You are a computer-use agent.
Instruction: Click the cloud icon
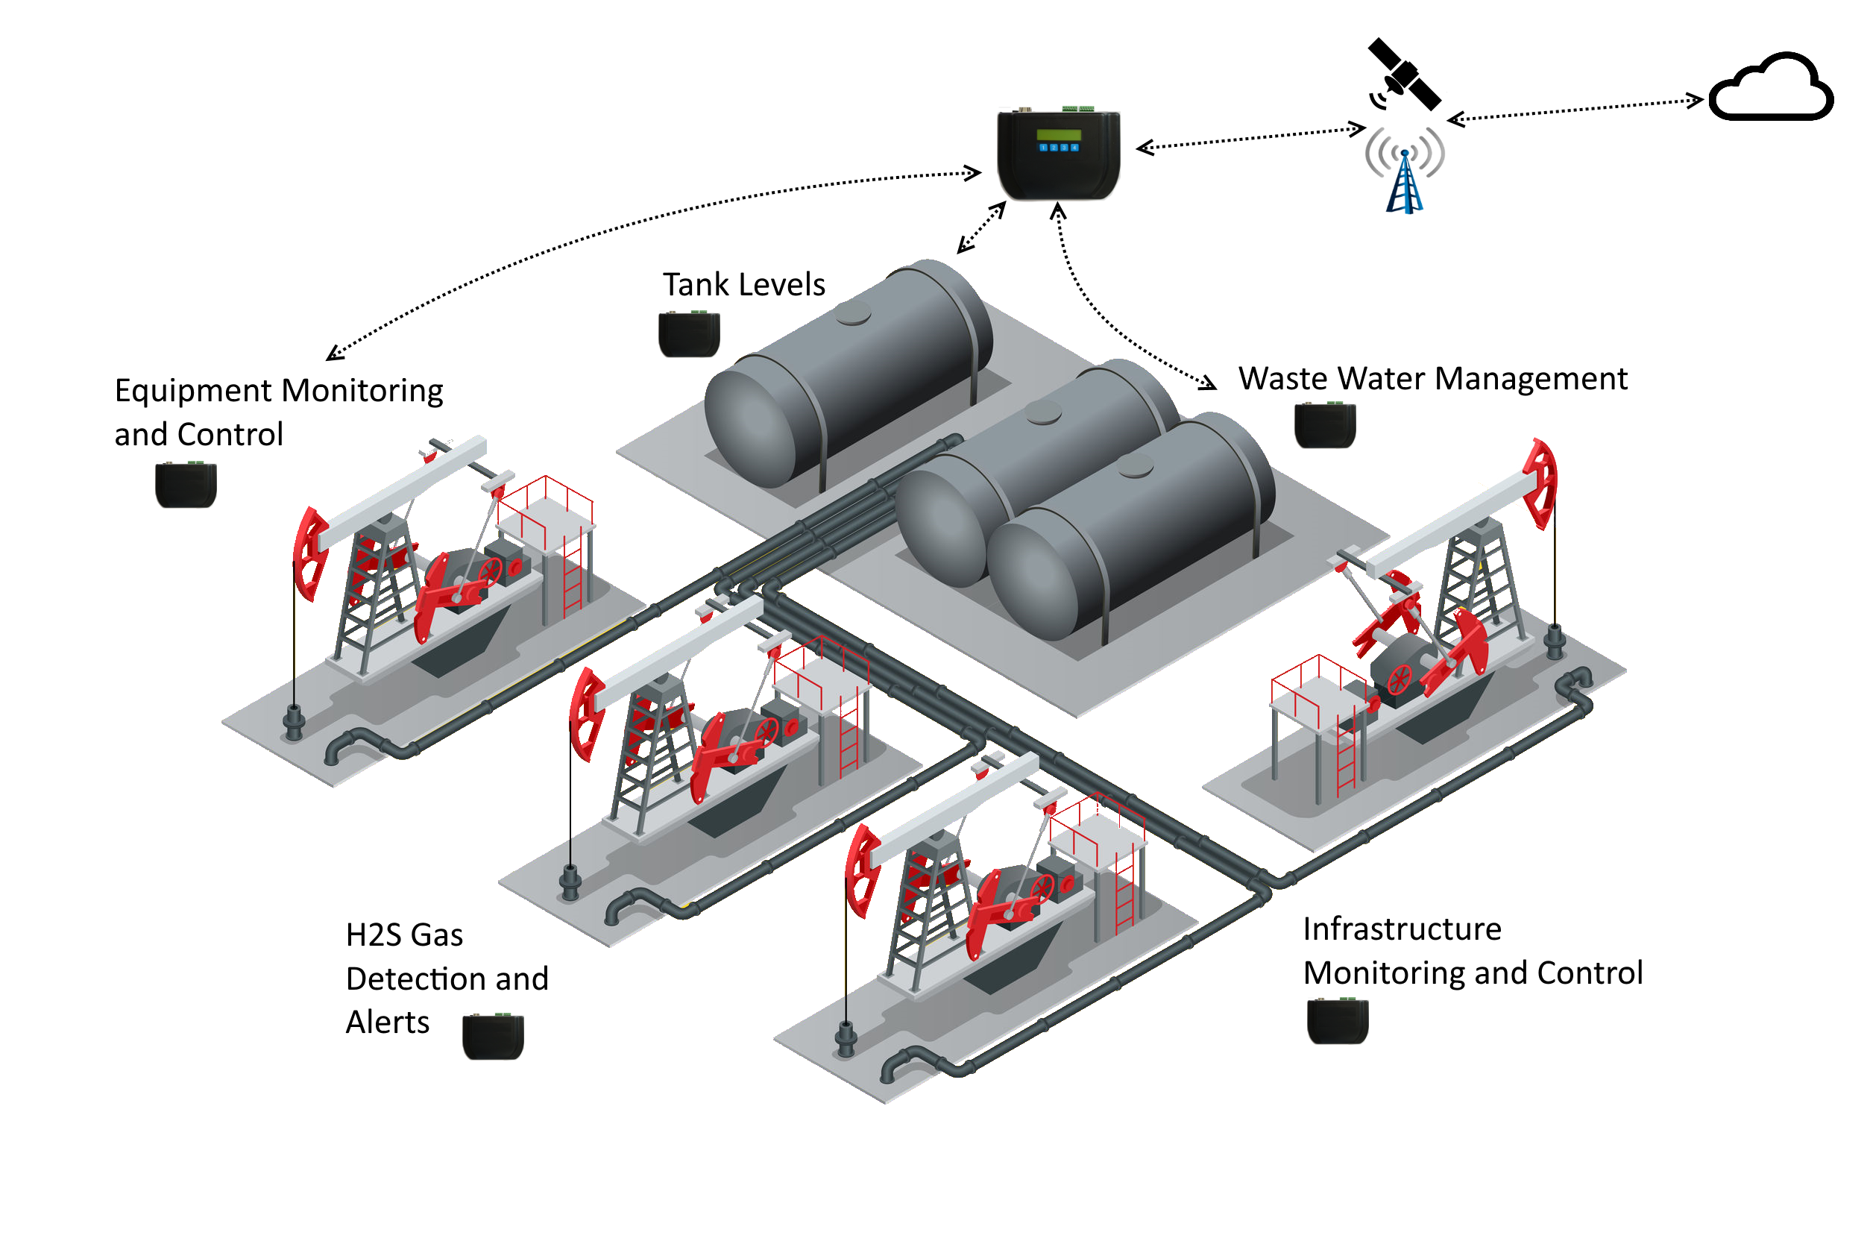1772,87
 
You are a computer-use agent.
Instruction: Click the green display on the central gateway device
1059,134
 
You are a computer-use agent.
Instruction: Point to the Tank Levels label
744,285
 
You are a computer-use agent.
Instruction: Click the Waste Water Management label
1433,379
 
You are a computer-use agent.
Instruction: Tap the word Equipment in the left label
193,392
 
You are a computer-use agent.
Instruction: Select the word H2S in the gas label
371,935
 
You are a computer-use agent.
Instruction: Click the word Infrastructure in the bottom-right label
1402,929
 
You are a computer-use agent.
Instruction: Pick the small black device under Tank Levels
690,334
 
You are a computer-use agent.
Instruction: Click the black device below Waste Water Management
1326,425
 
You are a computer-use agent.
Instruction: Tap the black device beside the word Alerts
494,1036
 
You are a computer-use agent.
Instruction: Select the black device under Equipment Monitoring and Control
186,484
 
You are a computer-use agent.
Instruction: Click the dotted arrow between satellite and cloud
1575,110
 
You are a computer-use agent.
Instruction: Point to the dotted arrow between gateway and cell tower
1251,137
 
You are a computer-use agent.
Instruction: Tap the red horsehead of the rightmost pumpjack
1541,483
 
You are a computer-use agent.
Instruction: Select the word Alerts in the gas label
388,1023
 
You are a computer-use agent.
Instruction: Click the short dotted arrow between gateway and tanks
982,227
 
